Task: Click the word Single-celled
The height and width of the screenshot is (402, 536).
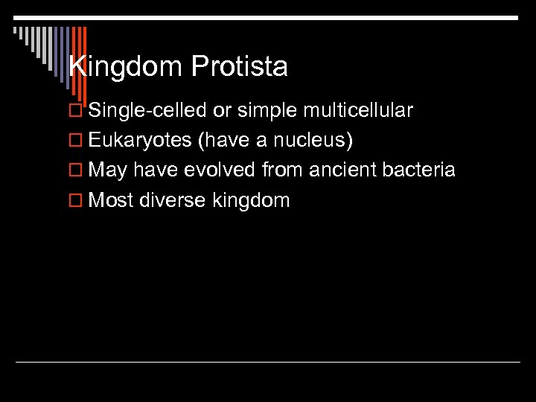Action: tap(147, 111)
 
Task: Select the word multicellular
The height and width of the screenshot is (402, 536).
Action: tap(358, 111)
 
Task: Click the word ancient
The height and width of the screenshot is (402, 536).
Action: tap(344, 170)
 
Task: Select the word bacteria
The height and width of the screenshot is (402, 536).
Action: tap(421, 170)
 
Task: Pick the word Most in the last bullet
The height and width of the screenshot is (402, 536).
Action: tap(110, 200)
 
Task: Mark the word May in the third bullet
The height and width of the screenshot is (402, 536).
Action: tap(109, 170)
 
